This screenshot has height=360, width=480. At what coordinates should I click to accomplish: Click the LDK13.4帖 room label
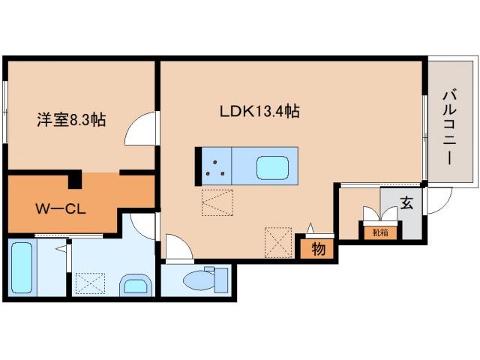pos(259,111)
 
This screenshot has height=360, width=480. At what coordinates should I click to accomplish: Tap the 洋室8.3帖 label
pos(71,120)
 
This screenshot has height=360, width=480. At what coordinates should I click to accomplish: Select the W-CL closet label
pos(61,209)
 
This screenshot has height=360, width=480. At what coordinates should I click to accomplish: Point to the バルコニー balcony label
pos(449,127)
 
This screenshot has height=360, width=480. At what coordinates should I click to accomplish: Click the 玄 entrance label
pos(406,202)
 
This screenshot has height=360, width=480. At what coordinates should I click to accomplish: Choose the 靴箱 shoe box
pos(380,232)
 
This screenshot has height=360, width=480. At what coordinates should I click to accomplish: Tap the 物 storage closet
pos(319,249)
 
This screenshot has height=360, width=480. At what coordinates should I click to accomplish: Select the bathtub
pos(22,268)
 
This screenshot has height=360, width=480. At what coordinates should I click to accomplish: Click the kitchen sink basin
pos(272,168)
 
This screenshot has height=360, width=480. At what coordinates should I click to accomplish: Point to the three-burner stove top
pos(217,166)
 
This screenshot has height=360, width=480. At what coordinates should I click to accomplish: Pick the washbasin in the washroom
pos(136,286)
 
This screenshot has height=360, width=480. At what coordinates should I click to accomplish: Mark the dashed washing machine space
pos(90,283)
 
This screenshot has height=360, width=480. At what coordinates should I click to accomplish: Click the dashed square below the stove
pos(217,202)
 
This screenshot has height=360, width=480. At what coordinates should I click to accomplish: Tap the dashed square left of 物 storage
pos(278,242)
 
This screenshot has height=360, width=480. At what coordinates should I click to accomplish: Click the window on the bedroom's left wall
pos(4,112)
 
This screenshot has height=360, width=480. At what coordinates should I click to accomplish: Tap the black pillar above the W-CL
pos(74,179)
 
